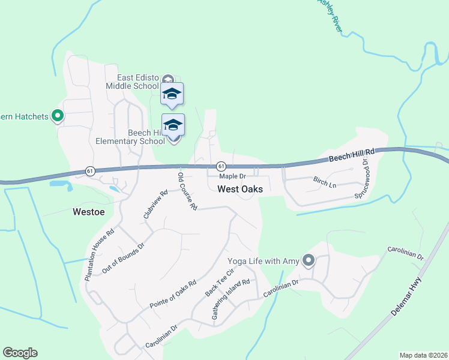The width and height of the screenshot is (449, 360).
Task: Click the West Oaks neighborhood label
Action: (240, 189)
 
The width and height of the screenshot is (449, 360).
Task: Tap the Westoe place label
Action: (89, 211)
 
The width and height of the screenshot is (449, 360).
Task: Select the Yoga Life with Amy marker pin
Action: (309, 260)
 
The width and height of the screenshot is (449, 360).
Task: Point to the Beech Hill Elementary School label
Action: (130, 137)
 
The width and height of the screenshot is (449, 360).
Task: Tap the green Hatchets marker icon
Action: (58, 116)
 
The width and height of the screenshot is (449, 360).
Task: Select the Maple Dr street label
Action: (232, 176)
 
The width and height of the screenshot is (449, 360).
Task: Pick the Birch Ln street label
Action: (325, 181)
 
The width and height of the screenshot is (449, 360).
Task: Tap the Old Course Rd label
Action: (187, 191)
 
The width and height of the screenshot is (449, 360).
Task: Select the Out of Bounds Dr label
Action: (123, 259)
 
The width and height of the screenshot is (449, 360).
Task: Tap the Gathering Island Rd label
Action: (234, 298)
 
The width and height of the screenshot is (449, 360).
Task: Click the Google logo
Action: (20, 353)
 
